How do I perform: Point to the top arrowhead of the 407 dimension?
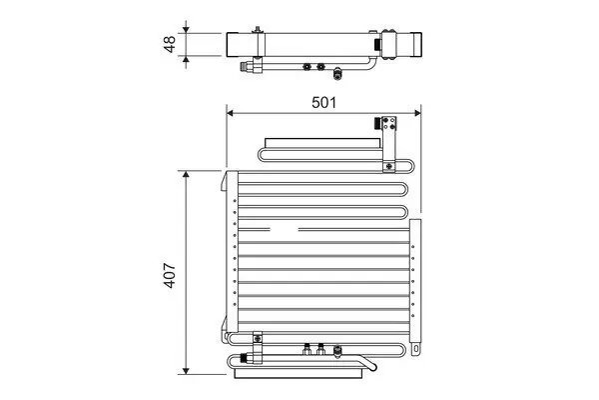coord(186,174)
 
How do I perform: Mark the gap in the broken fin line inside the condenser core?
coord(299,229)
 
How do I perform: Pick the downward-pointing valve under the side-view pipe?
coord(339,72)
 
